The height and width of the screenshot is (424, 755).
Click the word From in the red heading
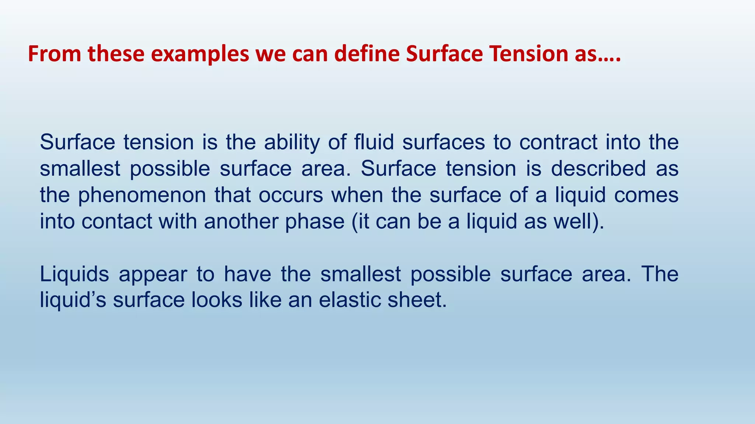[x=55, y=54]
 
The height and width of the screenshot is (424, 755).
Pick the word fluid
[x=374, y=142]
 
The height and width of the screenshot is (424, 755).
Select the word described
[x=598, y=169]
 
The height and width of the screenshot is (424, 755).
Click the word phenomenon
[x=142, y=195]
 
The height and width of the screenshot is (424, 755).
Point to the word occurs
[x=291, y=195]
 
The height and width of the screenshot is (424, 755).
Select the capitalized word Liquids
[x=74, y=274]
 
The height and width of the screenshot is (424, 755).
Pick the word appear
[x=153, y=274]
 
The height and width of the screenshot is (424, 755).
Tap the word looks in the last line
[x=217, y=300]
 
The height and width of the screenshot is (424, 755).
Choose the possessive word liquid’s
[x=73, y=300]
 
